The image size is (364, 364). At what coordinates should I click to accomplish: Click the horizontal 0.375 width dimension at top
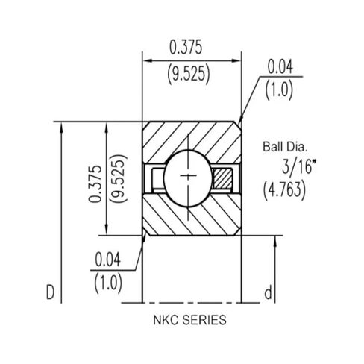pyautogui.click(x=186, y=48)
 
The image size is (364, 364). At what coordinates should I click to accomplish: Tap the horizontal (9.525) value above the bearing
pyautogui.click(x=189, y=74)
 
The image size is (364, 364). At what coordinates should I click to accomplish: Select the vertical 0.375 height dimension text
pyautogui.click(x=95, y=183)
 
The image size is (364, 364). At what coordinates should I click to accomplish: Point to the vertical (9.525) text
pyautogui.click(x=119, y=178)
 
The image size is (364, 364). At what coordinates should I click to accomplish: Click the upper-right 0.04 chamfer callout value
pyautogui.click(x=280, y=66)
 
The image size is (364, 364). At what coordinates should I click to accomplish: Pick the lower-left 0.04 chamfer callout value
pyautogui.click(x=108, y=260)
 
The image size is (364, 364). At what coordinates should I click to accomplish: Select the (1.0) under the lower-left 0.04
pyautogui.click(x=108, y=283)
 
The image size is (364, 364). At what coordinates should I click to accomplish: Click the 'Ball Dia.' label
pyautogui.click(x=285, y=147)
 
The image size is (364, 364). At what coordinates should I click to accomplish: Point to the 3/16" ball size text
pyautogui.click(x=299, y=166)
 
